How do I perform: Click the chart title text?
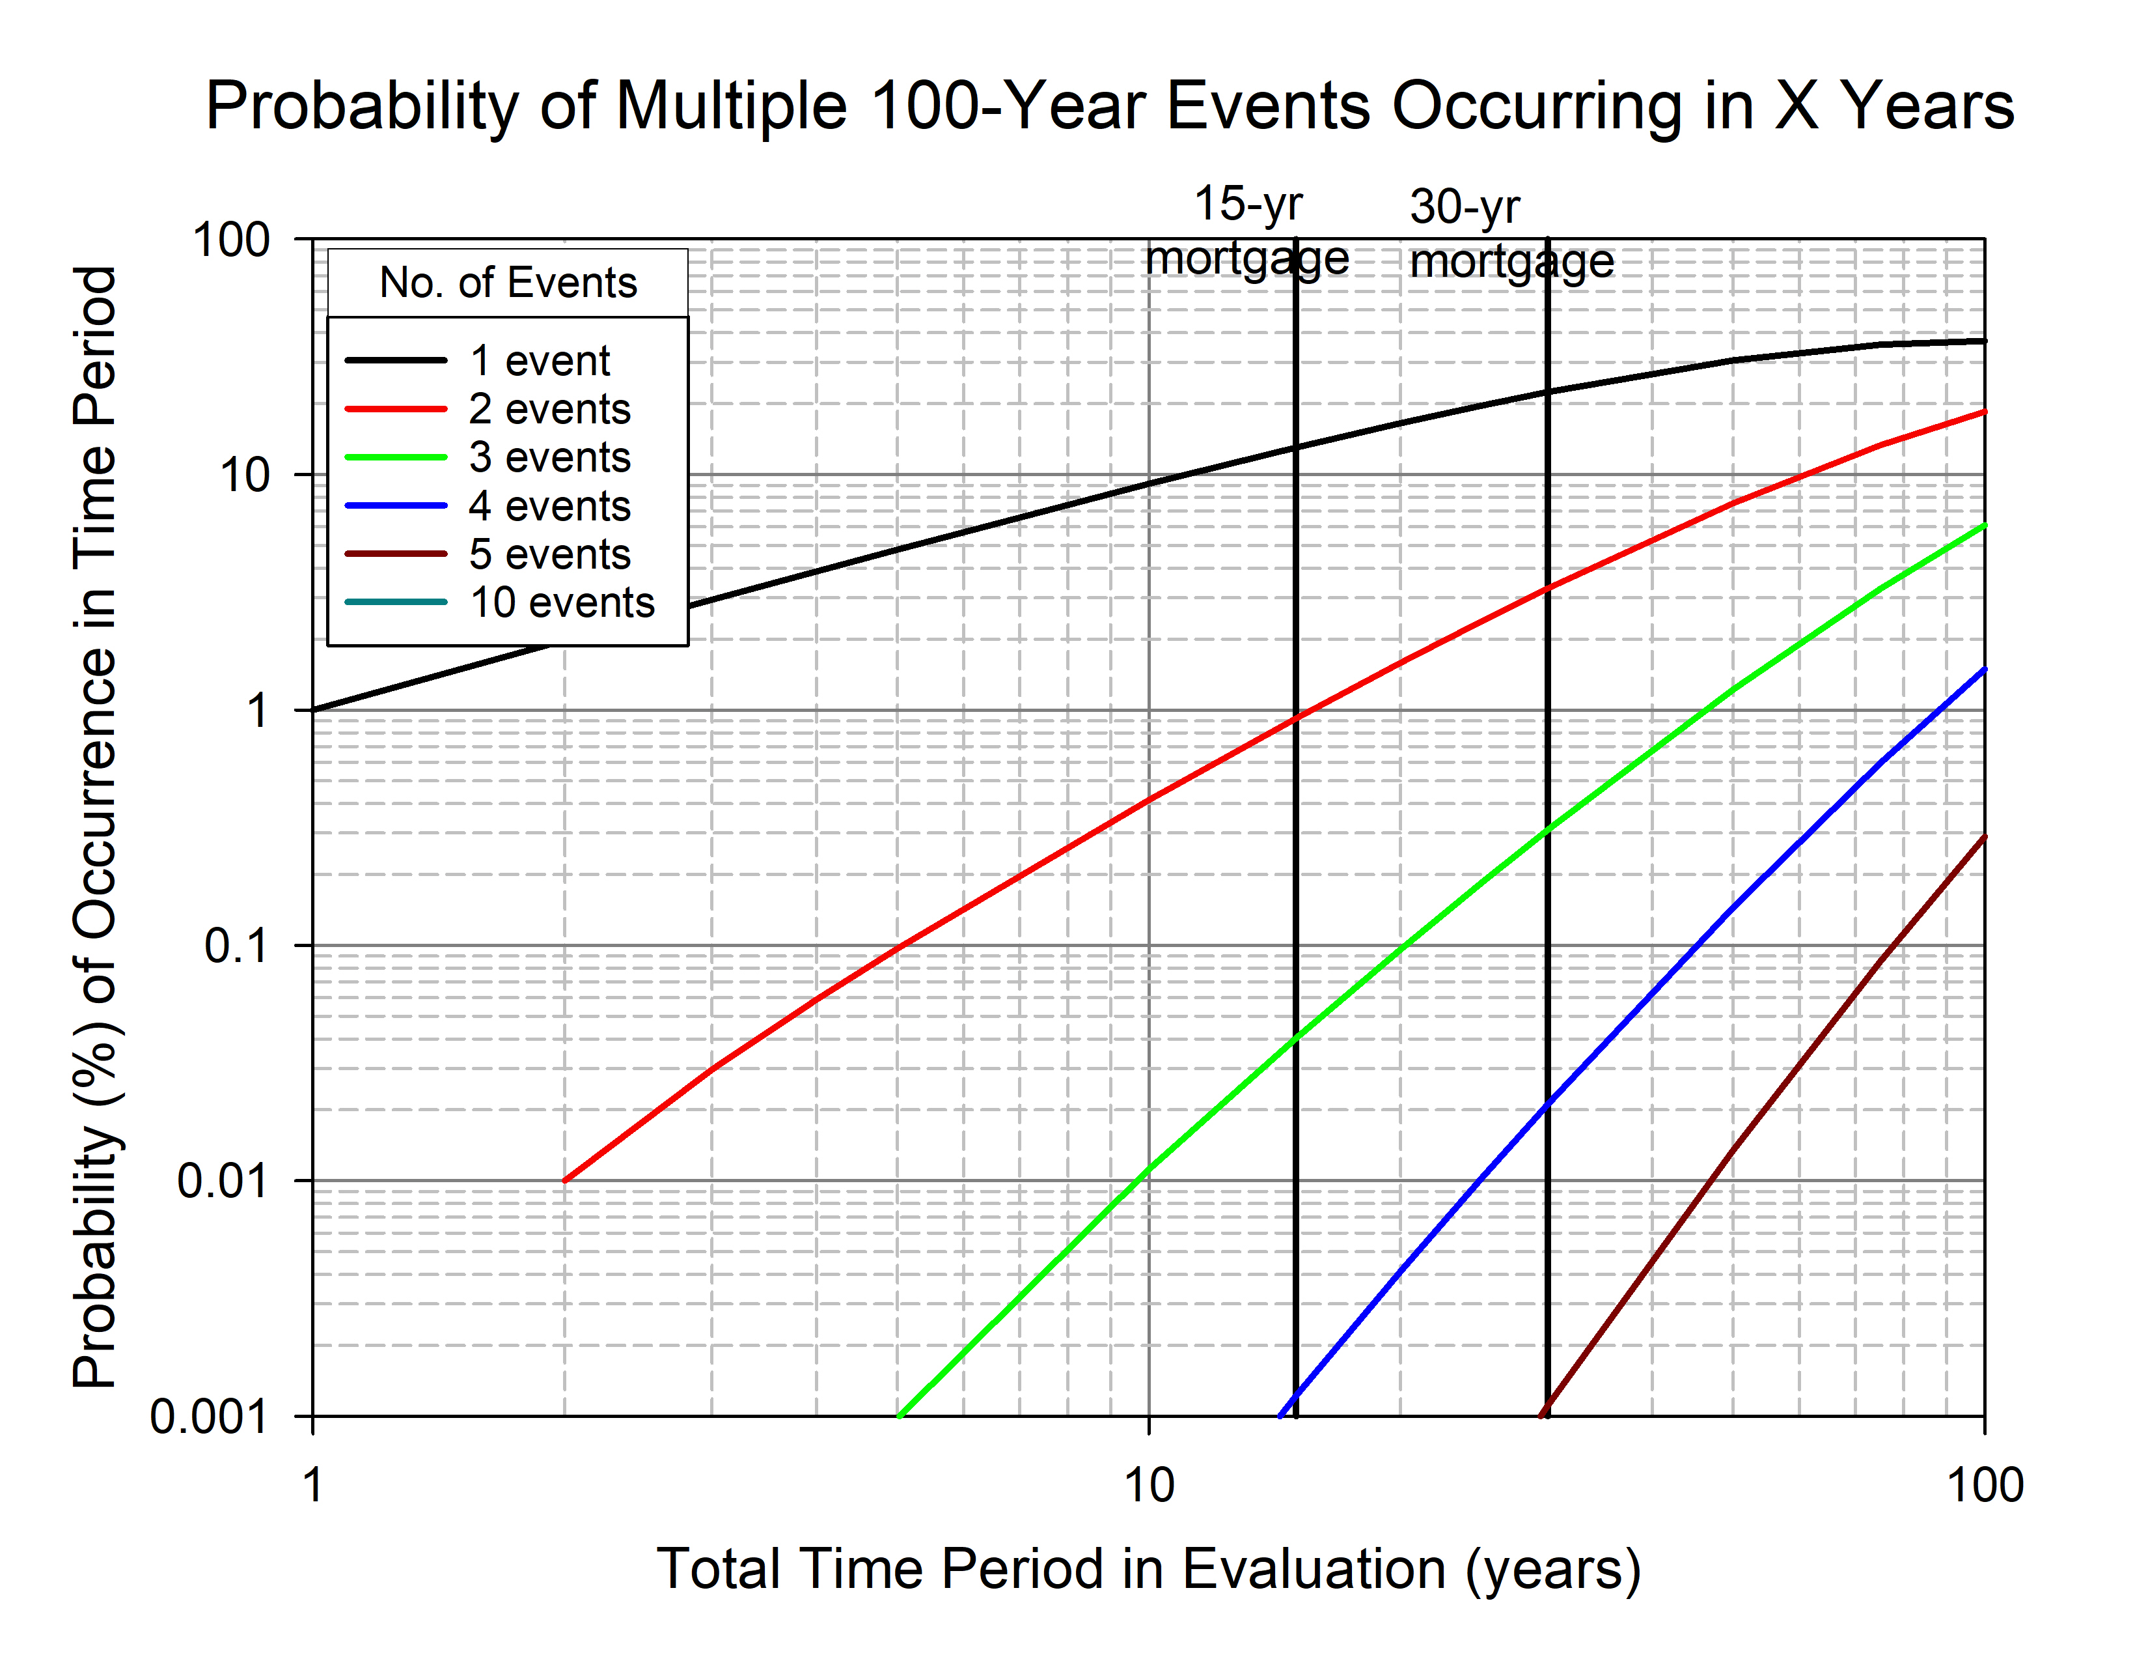1108,106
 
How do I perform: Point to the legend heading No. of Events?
508,283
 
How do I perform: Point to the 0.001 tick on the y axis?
208,1417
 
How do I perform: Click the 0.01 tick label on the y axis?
222,1181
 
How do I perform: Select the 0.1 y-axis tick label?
236,946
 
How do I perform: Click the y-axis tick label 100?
231,240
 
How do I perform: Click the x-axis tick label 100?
1984,1485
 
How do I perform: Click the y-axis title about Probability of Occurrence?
96,827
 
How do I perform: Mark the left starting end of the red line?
564,1180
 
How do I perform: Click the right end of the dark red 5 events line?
1983,838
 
